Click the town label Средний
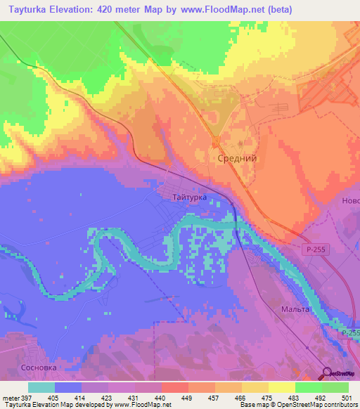click(x=235, y=159)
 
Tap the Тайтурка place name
click(x=189, y=198)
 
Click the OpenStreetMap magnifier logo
click(x=328, y=374)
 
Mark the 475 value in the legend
click(x=267, y=398)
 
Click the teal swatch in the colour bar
click(x=41, y=387)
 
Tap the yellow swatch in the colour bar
click(x=281, y=387)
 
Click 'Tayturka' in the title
click(x=32, y=10)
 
